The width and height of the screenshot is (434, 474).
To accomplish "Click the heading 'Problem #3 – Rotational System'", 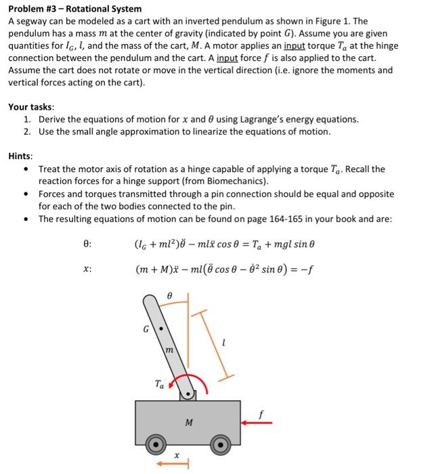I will coord(75,9).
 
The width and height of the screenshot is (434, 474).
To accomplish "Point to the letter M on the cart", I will coord(188,423).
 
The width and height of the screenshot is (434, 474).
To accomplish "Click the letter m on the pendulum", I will coord(170,350).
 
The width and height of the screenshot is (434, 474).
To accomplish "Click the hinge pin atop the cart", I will coord(186,393).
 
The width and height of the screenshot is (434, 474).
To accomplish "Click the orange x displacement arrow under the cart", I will coord(169,465).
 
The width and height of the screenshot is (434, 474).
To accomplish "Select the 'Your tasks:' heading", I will coord(31,107).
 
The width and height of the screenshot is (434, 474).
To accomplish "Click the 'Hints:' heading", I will coord(21,156).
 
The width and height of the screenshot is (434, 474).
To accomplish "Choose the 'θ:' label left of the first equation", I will coord(87,242).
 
